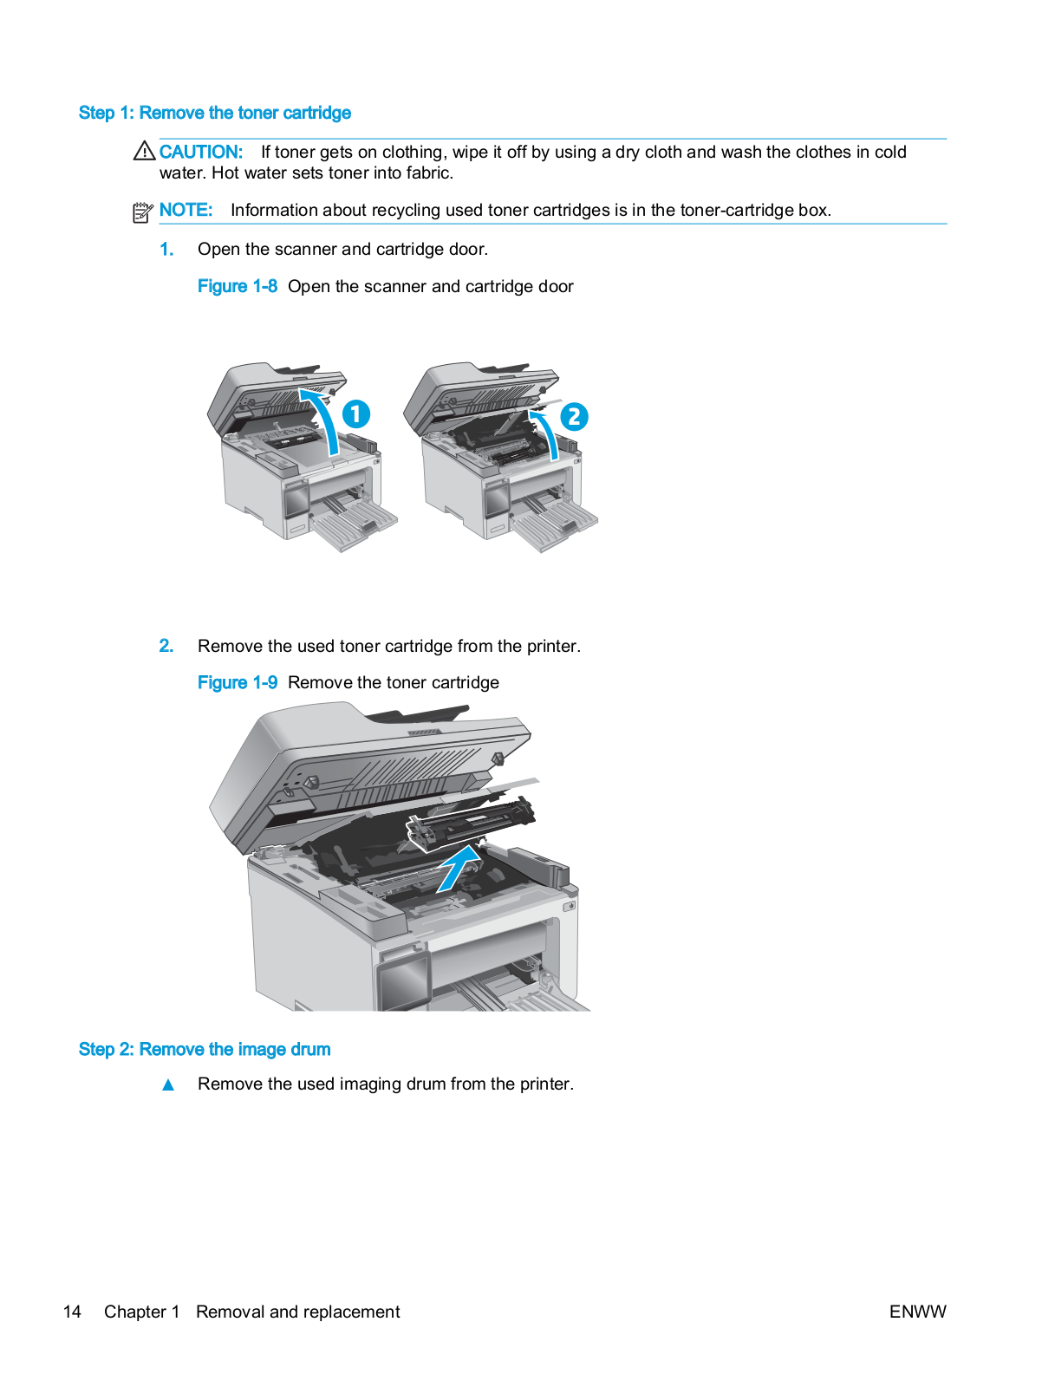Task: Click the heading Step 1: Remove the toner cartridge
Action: pyautogui.click(x=214, y=113)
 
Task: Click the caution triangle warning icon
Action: pyautogui.click(x=144, y=151)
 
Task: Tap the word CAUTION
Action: pyautogui.click(x=200, y=152)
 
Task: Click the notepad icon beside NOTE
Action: pyautogui.click(x=143, y=212)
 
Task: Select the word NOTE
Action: pyautogui.click(x=186, y=210)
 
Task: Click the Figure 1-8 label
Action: pyautogui.click(x=237, y=286)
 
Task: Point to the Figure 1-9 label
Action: pyautogui.click(x=237, y=682)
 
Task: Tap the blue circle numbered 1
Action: pyautogui.click(x=356, y=413)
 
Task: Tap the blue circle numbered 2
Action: pyautogui.click(x=573, y=417)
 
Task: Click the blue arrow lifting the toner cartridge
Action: pyautogui.click(x=460, y=867)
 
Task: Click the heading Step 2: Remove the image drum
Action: pyautogui.click(x=204, y=1049)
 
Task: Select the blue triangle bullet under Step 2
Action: pyautogui.click(x=168, y=1084)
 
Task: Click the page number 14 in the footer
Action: pyautogui.click(x=72, y=1312)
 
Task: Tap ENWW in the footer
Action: pyautogui.click(x=917, y=1312)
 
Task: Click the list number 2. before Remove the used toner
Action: pyautogui.click(x=166, y=646)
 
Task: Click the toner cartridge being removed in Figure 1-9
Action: pyautogui.click(x=472, y=822)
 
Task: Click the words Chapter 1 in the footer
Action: pyautogui.click(x=141, y=1312)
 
